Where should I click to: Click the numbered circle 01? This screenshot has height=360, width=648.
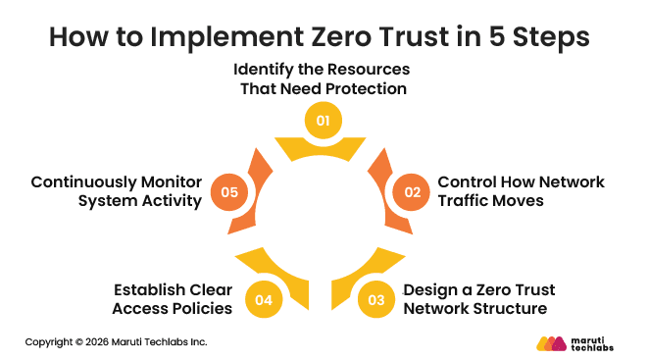tap(322, 122)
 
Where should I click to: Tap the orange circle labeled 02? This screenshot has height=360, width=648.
tap(411, 191)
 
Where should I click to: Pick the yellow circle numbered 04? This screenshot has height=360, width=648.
tap(263, 300)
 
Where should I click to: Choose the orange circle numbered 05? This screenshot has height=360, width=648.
tap(229, 191)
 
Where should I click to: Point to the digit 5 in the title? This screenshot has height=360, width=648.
tap(499, 38)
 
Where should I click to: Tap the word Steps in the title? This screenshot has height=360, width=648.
tap(553, 38)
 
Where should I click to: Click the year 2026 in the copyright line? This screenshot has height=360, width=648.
tap(100, 342)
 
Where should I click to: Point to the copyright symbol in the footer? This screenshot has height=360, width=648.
tap(79, 342)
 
